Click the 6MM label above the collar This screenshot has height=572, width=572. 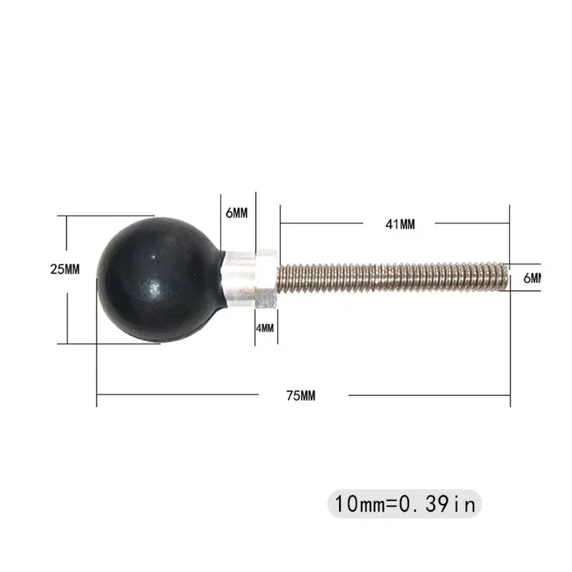tap(236, 214)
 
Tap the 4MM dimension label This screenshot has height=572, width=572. tap(265, 328)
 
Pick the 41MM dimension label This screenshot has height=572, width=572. tap(400, 224)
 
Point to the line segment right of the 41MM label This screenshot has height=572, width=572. tap(472, 223)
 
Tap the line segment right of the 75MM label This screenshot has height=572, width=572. tap(429, 394)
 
